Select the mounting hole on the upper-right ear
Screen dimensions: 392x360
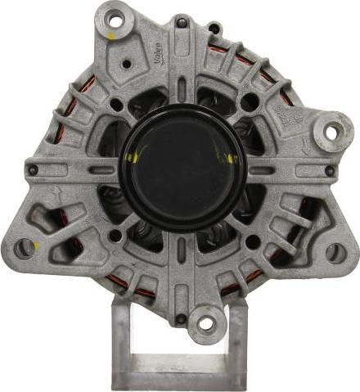click(331, 130)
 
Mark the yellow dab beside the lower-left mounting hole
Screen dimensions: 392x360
click(38, 244)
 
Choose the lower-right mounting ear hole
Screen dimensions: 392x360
click(335, 253)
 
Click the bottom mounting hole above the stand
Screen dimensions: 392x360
click(206, 322)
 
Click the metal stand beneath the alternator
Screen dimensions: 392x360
click(180, 360)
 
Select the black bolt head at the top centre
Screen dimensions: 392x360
click(214, 29)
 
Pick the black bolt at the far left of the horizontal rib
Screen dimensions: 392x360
click(34, 170)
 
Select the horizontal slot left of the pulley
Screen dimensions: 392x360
click(102, 170)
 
